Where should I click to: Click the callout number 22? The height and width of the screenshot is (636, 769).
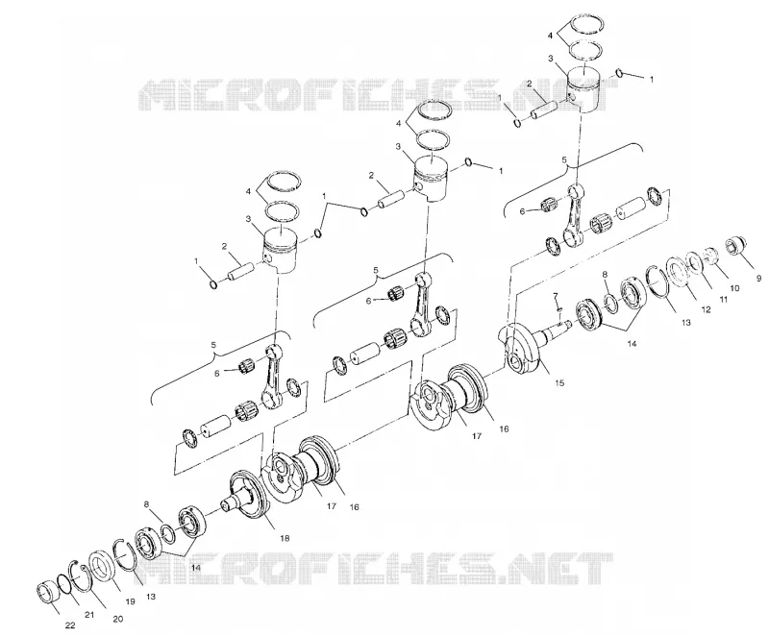69,624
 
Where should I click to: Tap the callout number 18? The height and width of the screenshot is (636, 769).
285,538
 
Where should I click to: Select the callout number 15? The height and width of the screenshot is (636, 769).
559,382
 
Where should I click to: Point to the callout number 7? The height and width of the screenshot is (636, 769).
556,296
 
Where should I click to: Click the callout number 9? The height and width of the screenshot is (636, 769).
759,279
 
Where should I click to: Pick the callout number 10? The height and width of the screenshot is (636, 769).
734,288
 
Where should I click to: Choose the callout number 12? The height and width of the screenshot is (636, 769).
706,309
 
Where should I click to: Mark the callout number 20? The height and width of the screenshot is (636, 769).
117,619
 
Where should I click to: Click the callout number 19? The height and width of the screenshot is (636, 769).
130,601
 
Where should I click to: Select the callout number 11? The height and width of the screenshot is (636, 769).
723,299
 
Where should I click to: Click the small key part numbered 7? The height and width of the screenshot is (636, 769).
558,309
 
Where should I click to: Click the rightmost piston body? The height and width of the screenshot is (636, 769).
584,88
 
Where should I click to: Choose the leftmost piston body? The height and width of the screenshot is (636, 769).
280,250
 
